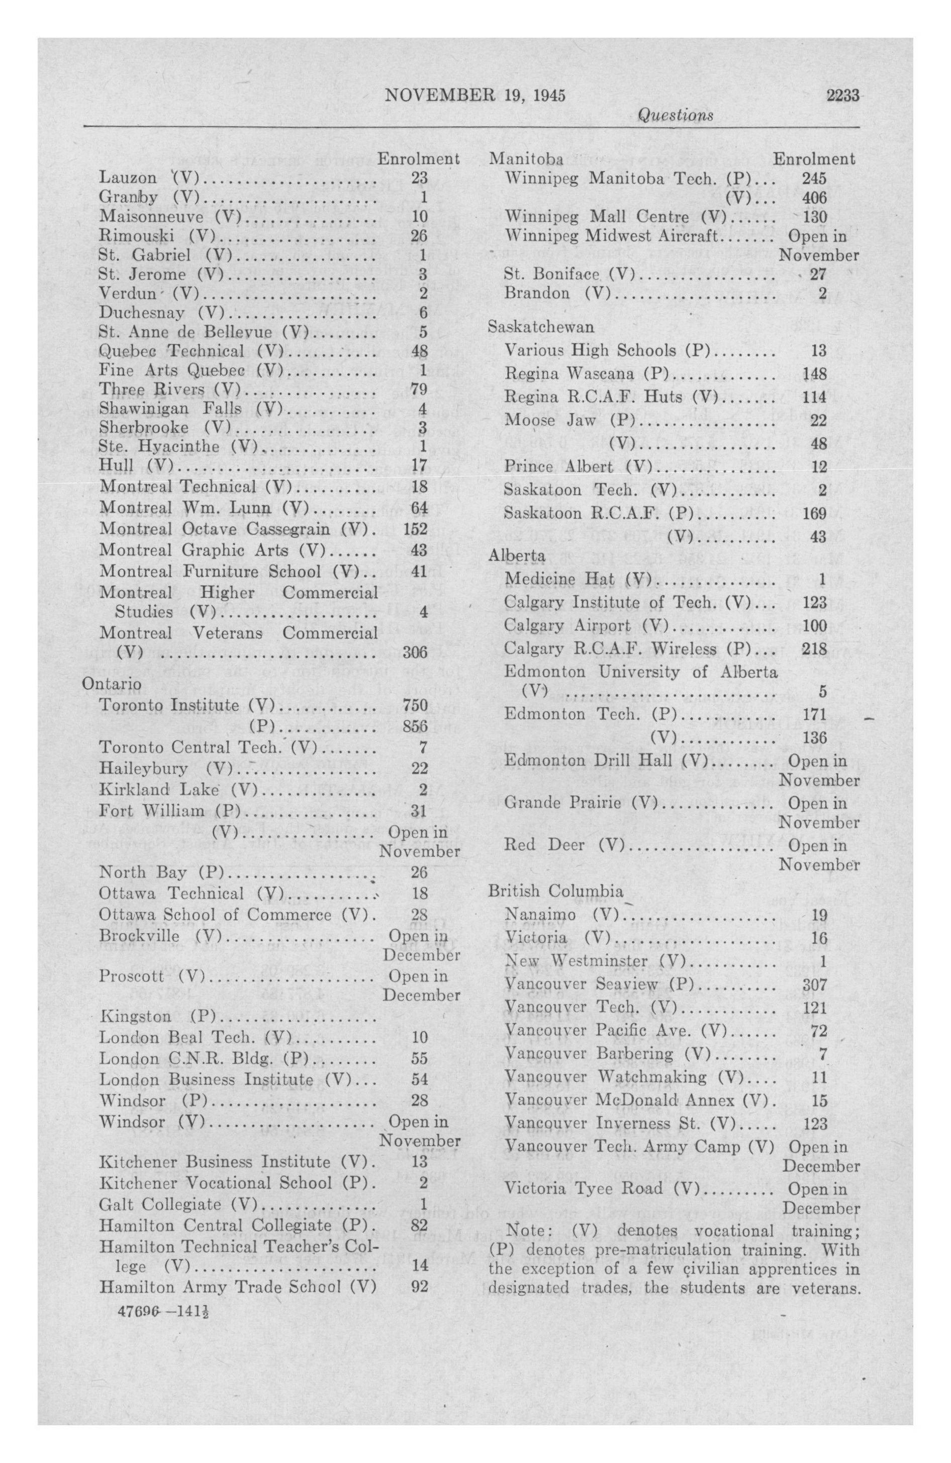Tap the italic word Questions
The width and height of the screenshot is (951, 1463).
[x=676, y=115]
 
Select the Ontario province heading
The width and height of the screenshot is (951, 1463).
[x=112, y=684]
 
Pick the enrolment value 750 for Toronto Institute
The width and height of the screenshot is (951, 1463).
[x=415, y=705]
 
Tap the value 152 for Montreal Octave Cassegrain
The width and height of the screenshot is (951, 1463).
[x=415, y=529]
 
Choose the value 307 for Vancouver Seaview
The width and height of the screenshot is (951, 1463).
[x=815, y=984]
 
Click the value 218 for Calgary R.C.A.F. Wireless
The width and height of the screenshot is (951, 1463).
[x=815, y=648]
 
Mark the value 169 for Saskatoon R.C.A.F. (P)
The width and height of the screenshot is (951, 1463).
[x=815, y=513]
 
